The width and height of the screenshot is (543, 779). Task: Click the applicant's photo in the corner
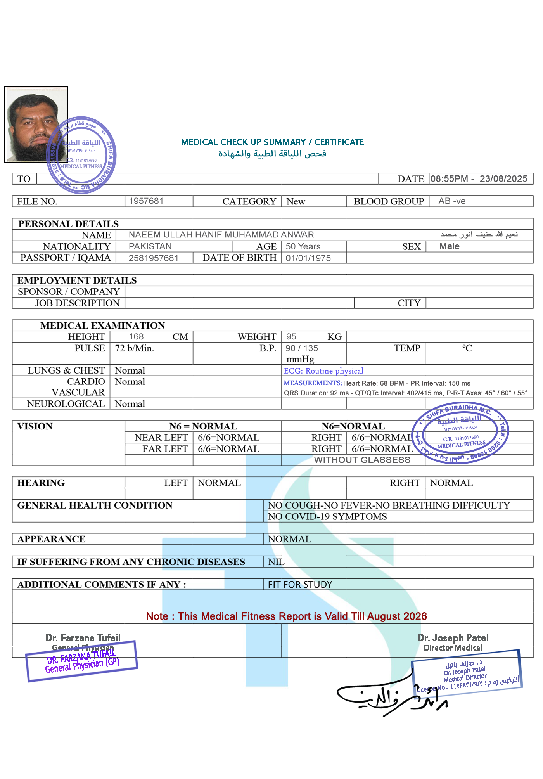click(36, 124)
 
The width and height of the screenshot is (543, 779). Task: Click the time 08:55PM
click(449, 179)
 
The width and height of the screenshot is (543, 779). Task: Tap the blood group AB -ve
click(452, 201)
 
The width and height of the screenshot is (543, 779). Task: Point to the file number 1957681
click(146, 201)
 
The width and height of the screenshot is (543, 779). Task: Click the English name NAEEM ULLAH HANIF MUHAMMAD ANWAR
click(221, 235)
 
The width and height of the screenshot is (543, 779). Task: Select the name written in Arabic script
click(479, 234)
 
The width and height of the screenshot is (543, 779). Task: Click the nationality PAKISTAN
click(150, 246)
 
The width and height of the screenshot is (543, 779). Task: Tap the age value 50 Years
click(303, 246)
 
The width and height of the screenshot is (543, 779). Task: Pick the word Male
click(449, 246)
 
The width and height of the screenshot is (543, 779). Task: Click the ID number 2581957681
click(154, 258)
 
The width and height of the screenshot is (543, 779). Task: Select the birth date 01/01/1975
click(308, 258)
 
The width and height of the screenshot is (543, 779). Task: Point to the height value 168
click(136, 337)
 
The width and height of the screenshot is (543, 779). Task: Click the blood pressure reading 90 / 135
click(302, 348)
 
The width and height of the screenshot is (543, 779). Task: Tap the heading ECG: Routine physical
click(323, 371)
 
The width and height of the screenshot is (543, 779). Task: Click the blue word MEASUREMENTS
click(313, 383)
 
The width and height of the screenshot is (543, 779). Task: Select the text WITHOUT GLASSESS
click(361, 460)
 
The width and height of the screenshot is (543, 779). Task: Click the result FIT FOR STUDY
click(300, 585)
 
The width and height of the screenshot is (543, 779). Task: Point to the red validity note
click(286, 616)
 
